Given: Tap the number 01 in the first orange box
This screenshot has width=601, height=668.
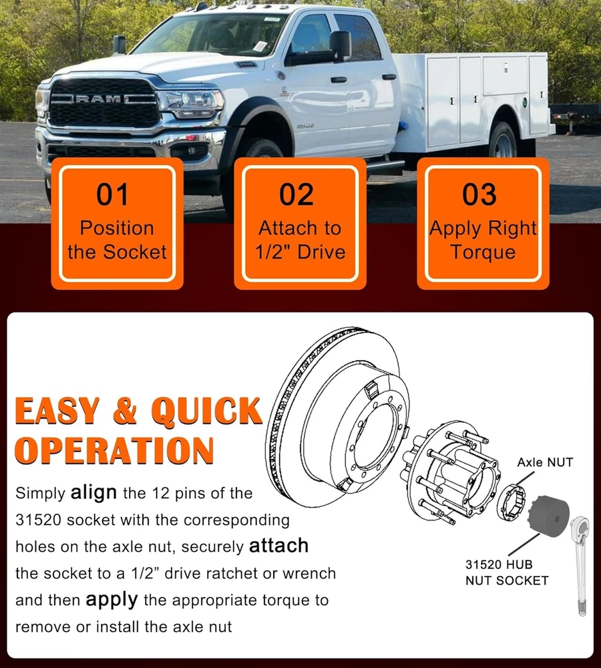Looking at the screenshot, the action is click(112, 194).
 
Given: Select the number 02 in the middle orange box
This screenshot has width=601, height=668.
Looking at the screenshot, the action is click(296, 194).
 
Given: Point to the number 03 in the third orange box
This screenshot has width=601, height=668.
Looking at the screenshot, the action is click(479, 194).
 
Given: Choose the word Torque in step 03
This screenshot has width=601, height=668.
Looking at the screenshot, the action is click(483, 253).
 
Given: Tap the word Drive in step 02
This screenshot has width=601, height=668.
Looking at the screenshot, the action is click(321, 252).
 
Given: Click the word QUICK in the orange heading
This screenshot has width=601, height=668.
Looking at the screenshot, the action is click(207, 411).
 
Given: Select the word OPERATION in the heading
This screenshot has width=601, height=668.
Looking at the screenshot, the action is click(114, 450).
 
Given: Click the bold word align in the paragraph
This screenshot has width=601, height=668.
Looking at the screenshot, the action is click(93, 492).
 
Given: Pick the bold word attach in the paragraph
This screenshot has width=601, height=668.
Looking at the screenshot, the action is click(279, 546).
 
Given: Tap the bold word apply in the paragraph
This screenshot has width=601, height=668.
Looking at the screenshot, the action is click(112, 601).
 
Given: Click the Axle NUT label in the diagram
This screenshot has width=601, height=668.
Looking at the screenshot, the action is click(545, 462).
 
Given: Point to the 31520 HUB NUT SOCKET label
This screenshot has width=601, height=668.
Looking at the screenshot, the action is click(506, 572).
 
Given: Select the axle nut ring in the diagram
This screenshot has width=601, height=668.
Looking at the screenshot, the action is click(512, 503).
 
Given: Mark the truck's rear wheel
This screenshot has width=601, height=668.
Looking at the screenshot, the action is click(505, 140).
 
